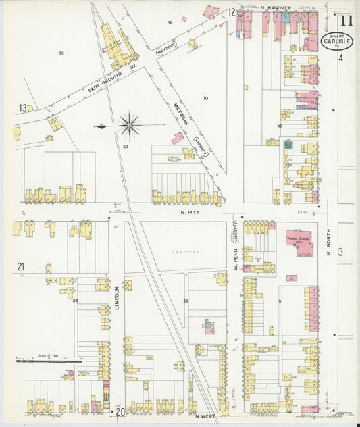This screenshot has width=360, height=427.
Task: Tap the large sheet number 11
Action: [x=346, y=20]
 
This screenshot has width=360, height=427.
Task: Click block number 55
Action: [x=61, y=53]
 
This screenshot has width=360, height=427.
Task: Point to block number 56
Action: [x=170, y=22]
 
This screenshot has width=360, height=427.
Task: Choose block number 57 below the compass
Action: [x=126, y=146]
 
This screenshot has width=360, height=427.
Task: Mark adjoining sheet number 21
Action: [x=21, y=267]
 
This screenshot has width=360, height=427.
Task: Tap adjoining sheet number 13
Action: [x=23, y=108]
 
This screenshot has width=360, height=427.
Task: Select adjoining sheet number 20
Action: [x=120, y=411]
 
